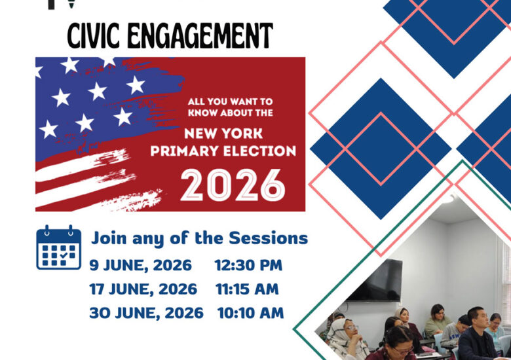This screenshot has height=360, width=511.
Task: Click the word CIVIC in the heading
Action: click(94, 36)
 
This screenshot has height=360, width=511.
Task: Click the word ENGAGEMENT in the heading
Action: click(200, 36)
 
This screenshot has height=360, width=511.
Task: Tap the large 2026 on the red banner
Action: click(233, 185)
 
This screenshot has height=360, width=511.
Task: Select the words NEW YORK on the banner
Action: click(223, 134)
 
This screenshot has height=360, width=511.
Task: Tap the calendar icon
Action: click(59, 247)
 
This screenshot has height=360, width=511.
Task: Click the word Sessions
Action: click(268, 238)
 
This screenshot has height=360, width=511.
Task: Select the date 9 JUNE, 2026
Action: click(140, 265)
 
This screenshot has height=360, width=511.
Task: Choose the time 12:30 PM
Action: click(248, 265)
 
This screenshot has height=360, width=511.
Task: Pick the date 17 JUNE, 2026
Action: click(143, 289)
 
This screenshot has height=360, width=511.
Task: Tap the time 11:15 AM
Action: click(247, 289)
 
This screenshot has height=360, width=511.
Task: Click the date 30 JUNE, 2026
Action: click(146, 313)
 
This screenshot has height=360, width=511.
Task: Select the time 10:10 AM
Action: click(251, 313)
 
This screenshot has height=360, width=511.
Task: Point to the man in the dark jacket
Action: click(478, 335)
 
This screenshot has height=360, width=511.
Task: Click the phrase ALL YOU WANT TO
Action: click(230, 101)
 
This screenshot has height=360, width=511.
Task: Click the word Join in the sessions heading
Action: click(109, 239)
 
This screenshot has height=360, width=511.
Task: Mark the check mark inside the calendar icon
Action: click(64, 255)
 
